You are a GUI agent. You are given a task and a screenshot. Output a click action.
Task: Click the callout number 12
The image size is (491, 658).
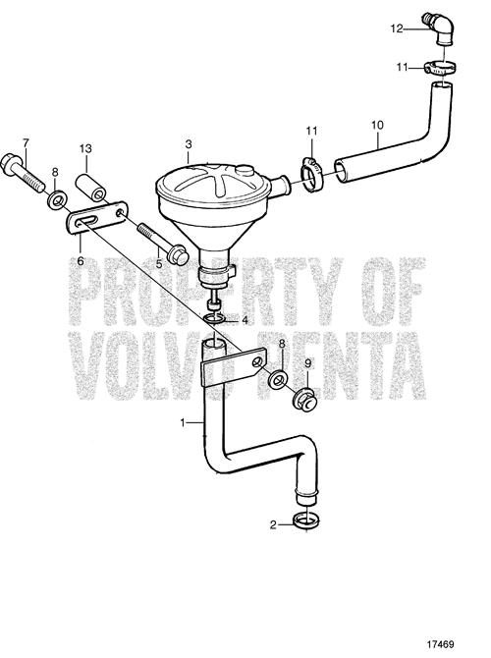pyautogui.click(x=396, y=28)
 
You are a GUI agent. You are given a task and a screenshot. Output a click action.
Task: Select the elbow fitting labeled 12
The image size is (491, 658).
pyautogui.click(x=438, y=28)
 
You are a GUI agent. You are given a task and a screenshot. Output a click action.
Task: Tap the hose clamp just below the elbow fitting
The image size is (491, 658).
pyautogui.click(x=440, y=68)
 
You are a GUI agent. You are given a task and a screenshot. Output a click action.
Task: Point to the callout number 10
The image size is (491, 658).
pyautogui.click(x=377, y=125)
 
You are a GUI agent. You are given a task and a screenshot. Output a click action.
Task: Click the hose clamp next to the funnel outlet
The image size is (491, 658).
pyautogui.click(x=312, y=175)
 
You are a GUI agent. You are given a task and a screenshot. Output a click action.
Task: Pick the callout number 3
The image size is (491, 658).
pyautogui.click(x=189, y=144)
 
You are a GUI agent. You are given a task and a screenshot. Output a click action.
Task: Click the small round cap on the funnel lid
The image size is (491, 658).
pyautogui.click(x=243, y=170)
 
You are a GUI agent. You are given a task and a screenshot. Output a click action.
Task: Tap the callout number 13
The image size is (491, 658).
pyautogui.click(x=85, y=148)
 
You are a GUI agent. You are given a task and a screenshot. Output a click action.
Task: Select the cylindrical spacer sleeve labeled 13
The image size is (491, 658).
pyautogui.click(x=91, y=188)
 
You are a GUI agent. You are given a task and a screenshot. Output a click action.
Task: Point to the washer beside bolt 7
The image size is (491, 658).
pyautogui.click(x=55, y=200)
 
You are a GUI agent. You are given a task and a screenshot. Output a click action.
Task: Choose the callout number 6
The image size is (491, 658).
pyautogui.click(x=81, y=260)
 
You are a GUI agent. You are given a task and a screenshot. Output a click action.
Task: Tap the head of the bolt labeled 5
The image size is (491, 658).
pyautogui.click(x=177, y=254)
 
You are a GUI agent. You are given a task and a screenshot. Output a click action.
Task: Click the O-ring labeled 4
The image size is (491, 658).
pyautogui.click(x=216, y=319)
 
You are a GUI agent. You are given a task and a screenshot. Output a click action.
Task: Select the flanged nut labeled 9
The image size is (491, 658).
pyautogui.click(x=304, y=400)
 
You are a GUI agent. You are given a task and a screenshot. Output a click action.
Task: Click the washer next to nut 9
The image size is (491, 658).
pyautogui.click(x=278, y=378)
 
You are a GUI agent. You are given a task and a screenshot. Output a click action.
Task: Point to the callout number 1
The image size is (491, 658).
pyautogui.click(x=183, y=423)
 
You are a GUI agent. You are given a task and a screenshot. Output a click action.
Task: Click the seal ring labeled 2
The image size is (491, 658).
pyautogui.click(x=306, y=521)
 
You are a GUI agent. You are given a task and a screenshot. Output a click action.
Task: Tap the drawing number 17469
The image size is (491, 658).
pyautogui.click(x=441, y=643)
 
